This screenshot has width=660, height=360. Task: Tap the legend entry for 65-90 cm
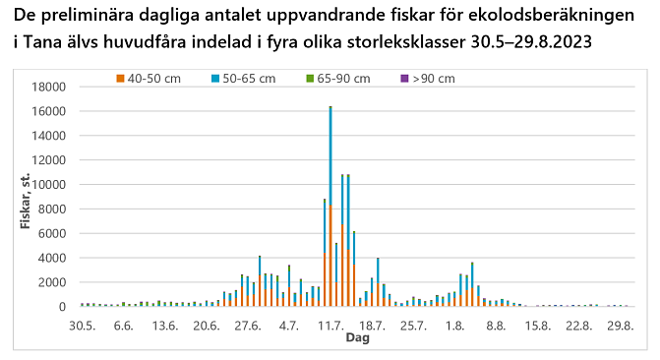340,78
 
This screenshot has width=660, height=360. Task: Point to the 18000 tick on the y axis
49,87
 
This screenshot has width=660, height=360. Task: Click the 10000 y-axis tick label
49,184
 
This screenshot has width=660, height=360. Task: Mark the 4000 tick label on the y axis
52,258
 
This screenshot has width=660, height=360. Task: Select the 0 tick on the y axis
61,307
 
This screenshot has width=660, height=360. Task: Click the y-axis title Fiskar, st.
26,197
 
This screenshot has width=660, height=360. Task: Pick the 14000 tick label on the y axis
49,136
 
